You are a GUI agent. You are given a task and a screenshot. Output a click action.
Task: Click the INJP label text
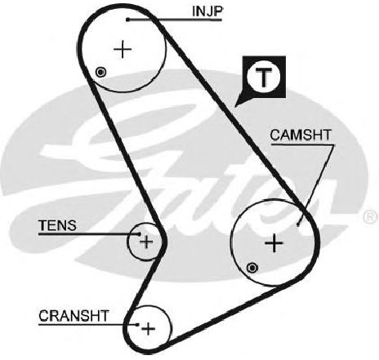207,11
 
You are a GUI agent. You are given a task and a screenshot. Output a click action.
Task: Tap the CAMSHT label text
301,136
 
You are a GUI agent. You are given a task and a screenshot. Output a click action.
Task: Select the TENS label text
58,225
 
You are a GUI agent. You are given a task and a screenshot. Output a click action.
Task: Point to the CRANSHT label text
74,316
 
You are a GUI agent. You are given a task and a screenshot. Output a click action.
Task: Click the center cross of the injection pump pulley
123,49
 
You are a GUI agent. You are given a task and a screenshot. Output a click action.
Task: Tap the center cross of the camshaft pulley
274,243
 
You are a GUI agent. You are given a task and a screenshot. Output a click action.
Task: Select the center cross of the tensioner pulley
146,242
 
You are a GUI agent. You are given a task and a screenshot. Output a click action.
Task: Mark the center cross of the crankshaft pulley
149,329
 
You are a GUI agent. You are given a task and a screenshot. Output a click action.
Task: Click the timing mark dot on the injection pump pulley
101,73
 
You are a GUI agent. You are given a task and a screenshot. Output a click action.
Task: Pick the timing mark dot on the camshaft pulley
252,269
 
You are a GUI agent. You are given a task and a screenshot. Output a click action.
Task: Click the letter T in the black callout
263,78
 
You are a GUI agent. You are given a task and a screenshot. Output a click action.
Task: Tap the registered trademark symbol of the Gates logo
371,216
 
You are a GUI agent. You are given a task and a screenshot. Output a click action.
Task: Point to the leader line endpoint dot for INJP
127,20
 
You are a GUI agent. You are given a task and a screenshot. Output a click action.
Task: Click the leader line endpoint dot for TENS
140,233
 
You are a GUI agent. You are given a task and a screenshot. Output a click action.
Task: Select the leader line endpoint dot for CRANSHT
137,324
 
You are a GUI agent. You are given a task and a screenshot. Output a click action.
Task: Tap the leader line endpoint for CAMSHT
298,224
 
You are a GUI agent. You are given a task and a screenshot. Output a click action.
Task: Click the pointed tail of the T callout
236,105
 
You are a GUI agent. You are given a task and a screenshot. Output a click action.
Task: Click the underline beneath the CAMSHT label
302,145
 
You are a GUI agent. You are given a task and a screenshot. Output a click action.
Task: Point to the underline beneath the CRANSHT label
87,324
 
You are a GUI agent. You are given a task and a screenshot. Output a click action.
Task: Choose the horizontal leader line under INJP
175,20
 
